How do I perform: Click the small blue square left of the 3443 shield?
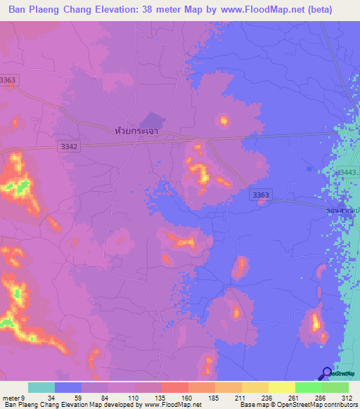point(310,169)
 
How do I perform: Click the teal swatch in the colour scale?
point(41,387)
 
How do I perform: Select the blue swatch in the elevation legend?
point(68,387)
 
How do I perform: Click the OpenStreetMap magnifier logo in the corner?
point(328,373)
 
